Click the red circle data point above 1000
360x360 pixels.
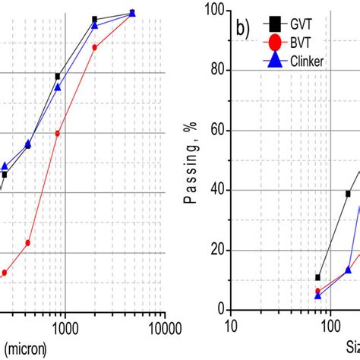(58, 133)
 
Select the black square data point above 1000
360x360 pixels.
(58, 76)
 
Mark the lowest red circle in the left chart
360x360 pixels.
(4, 272)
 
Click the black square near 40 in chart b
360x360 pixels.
(348, 194)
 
